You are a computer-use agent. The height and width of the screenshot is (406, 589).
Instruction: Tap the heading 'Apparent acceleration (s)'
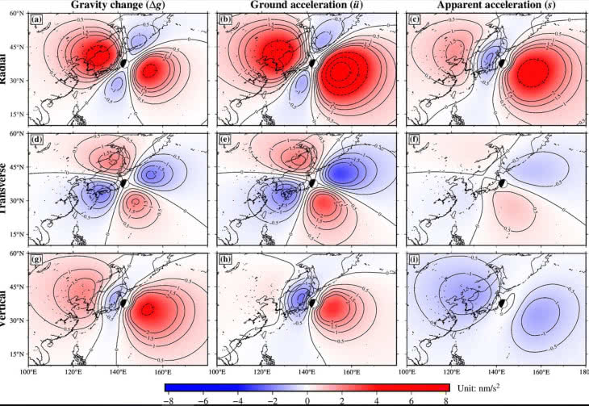[x=495, y=6]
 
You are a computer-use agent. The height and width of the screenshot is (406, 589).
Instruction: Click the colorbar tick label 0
[x=307, y=400]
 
